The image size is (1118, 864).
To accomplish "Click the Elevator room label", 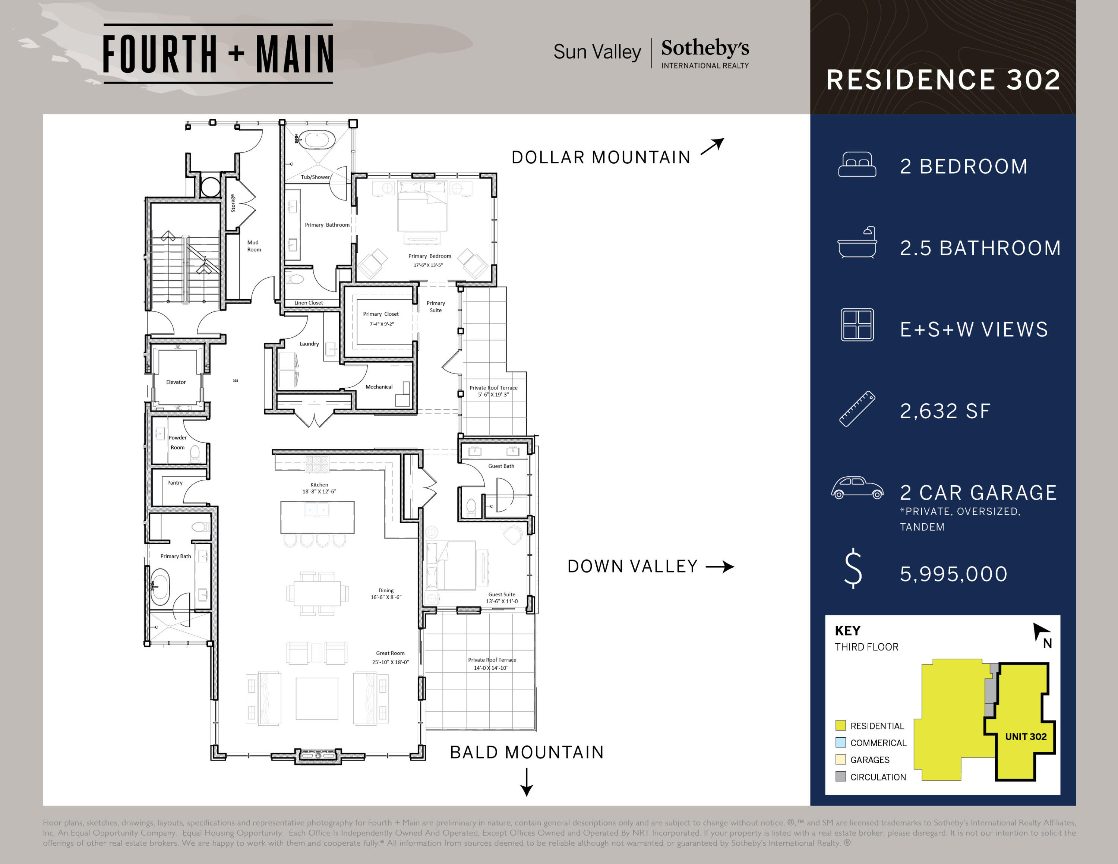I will [176, 382].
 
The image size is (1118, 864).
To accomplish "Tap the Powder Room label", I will [178, 442].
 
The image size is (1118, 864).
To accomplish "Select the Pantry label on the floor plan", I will [174, 483].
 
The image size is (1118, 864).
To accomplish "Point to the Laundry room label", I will [309, 344].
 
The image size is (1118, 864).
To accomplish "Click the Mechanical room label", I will [379, 387].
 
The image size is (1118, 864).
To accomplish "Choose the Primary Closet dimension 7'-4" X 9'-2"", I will [381, 324].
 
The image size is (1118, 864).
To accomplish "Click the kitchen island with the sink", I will [318, 517].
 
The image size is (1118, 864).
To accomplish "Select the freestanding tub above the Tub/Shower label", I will [317, 139].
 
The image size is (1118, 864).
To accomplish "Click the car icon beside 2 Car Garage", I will [857, 488].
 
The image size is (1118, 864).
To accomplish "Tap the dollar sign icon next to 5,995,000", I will [853, 569].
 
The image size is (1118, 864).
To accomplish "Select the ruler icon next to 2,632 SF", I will [857, 409].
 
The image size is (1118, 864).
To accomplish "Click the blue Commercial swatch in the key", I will [840, 743].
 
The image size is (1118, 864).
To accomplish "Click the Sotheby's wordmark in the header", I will [705, 48].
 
